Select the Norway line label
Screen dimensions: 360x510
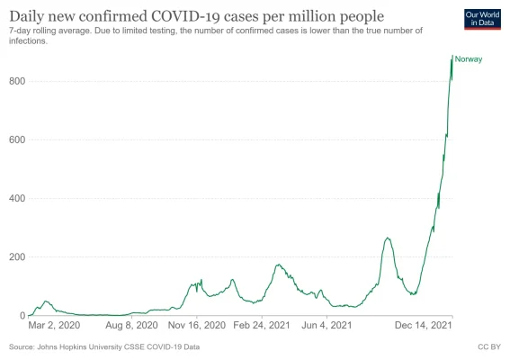[470, 59]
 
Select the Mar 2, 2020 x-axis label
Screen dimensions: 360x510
[54, 326]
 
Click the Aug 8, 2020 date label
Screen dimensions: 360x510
[132, 326]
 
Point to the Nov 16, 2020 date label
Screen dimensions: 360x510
[196, 326]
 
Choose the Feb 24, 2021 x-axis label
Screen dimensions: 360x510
[261, 326]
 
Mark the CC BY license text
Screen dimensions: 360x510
[488, 346]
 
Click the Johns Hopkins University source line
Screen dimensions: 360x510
[104, 346]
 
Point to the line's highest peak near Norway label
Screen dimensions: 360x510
[452, 56]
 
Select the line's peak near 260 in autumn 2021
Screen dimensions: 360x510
[387, 238]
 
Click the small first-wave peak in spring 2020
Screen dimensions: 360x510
[46, 301]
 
